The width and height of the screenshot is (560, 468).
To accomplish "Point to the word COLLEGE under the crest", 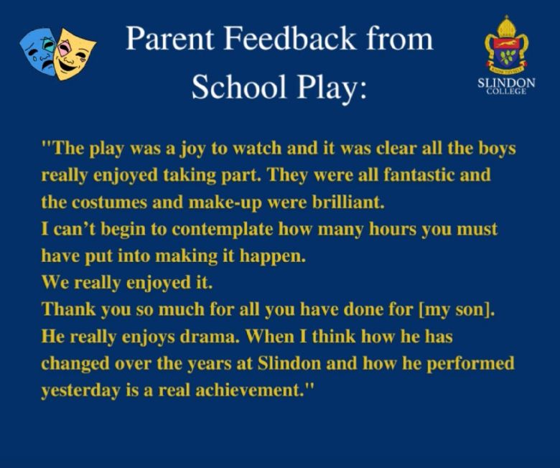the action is point(506,91).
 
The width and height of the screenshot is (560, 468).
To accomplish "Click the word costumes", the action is point(109,202).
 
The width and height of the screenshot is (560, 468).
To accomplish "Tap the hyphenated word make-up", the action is point(225,203).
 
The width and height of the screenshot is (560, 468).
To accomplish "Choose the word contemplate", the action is point(222,230).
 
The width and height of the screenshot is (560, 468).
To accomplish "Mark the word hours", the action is point(393,229).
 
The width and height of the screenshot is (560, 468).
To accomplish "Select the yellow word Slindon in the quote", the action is point(289,363).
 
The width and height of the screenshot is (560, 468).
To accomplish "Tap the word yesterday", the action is point(80,390).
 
